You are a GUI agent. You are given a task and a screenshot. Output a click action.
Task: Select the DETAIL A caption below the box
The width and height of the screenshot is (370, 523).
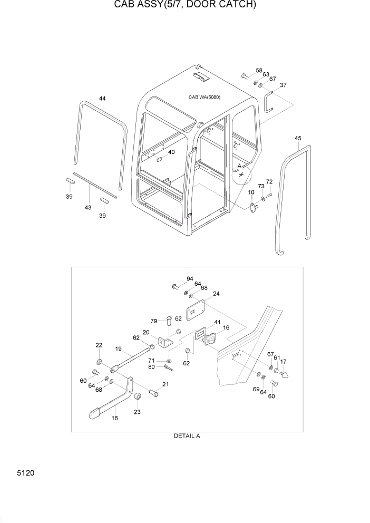[187, 436]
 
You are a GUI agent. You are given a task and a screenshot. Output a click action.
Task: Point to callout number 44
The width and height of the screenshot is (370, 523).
[102, 99]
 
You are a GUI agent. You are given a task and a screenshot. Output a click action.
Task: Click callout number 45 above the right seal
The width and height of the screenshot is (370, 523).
[298, 138]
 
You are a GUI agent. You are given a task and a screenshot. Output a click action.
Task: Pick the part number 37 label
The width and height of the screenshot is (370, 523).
[283, 85]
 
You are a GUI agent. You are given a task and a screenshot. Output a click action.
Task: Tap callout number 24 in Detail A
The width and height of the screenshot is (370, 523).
[216, 294]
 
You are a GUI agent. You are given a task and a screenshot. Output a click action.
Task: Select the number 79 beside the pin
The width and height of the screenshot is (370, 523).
[153, 321]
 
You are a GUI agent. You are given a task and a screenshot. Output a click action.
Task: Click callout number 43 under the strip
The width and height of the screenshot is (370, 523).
[88, 207]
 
